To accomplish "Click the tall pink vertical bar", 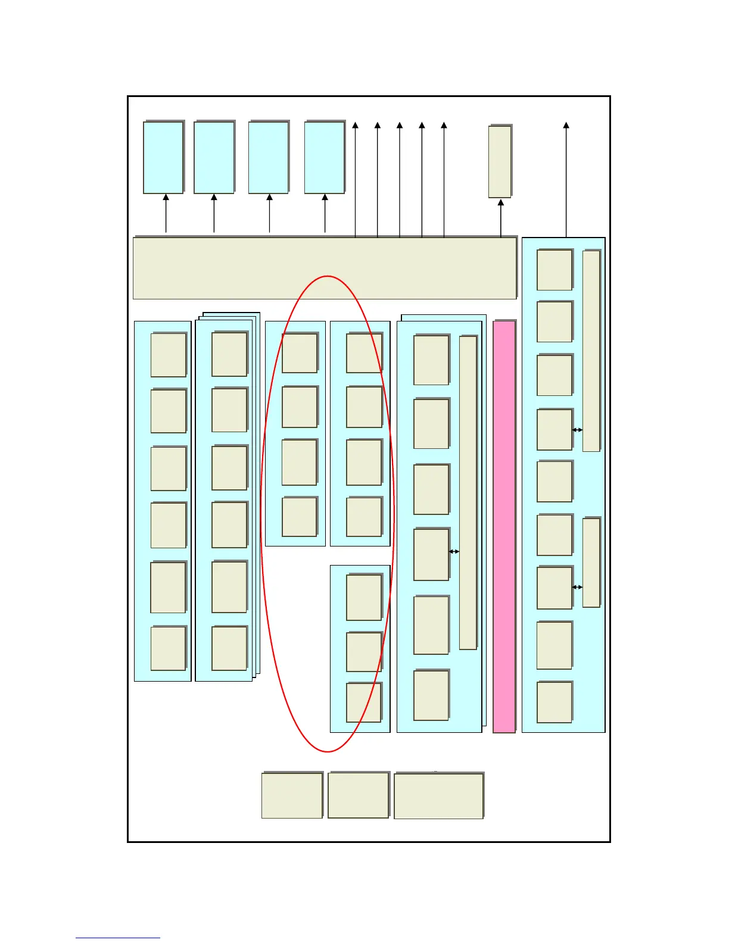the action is tap(504, 527).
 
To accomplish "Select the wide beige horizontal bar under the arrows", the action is tap(325, 268).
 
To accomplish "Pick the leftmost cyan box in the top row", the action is tap(163, 158).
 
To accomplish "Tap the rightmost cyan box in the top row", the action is tap(325, 158).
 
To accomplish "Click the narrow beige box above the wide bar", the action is tap(500, 161).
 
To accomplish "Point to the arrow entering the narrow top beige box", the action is tap(500, 217).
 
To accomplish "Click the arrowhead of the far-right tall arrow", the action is tap(566, 126).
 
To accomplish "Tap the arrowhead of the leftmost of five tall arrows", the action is tap(355, 126).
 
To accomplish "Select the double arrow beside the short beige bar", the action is tap(577, 587).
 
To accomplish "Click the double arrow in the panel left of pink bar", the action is tap(454, 551).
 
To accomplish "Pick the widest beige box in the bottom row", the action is tap(438, 796).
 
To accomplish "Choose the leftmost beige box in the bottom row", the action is tap(292, 795).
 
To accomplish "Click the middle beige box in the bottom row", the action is tap(358, 795).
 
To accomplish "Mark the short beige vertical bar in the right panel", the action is tap(591, 563).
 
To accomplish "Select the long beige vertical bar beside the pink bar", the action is tap(468, 493).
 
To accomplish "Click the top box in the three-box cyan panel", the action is tap(364, 597).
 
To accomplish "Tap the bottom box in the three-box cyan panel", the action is tap(364, 702).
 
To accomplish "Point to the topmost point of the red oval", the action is tap(328, 276).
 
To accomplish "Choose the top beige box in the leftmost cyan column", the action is tap(169, 355).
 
